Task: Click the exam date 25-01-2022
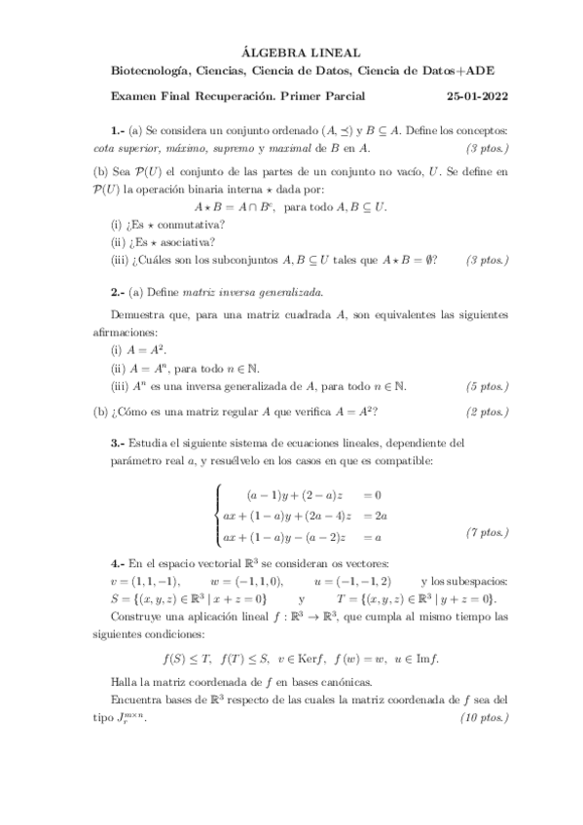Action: pos(477,96)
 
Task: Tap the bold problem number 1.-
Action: pos(119,129)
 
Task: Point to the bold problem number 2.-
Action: pos(119,291)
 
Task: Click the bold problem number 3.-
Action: pos(119,442)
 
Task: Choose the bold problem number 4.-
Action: pos(119,563)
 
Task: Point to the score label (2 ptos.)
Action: pos(487,412)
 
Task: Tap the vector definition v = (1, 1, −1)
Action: pos(138,581)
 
